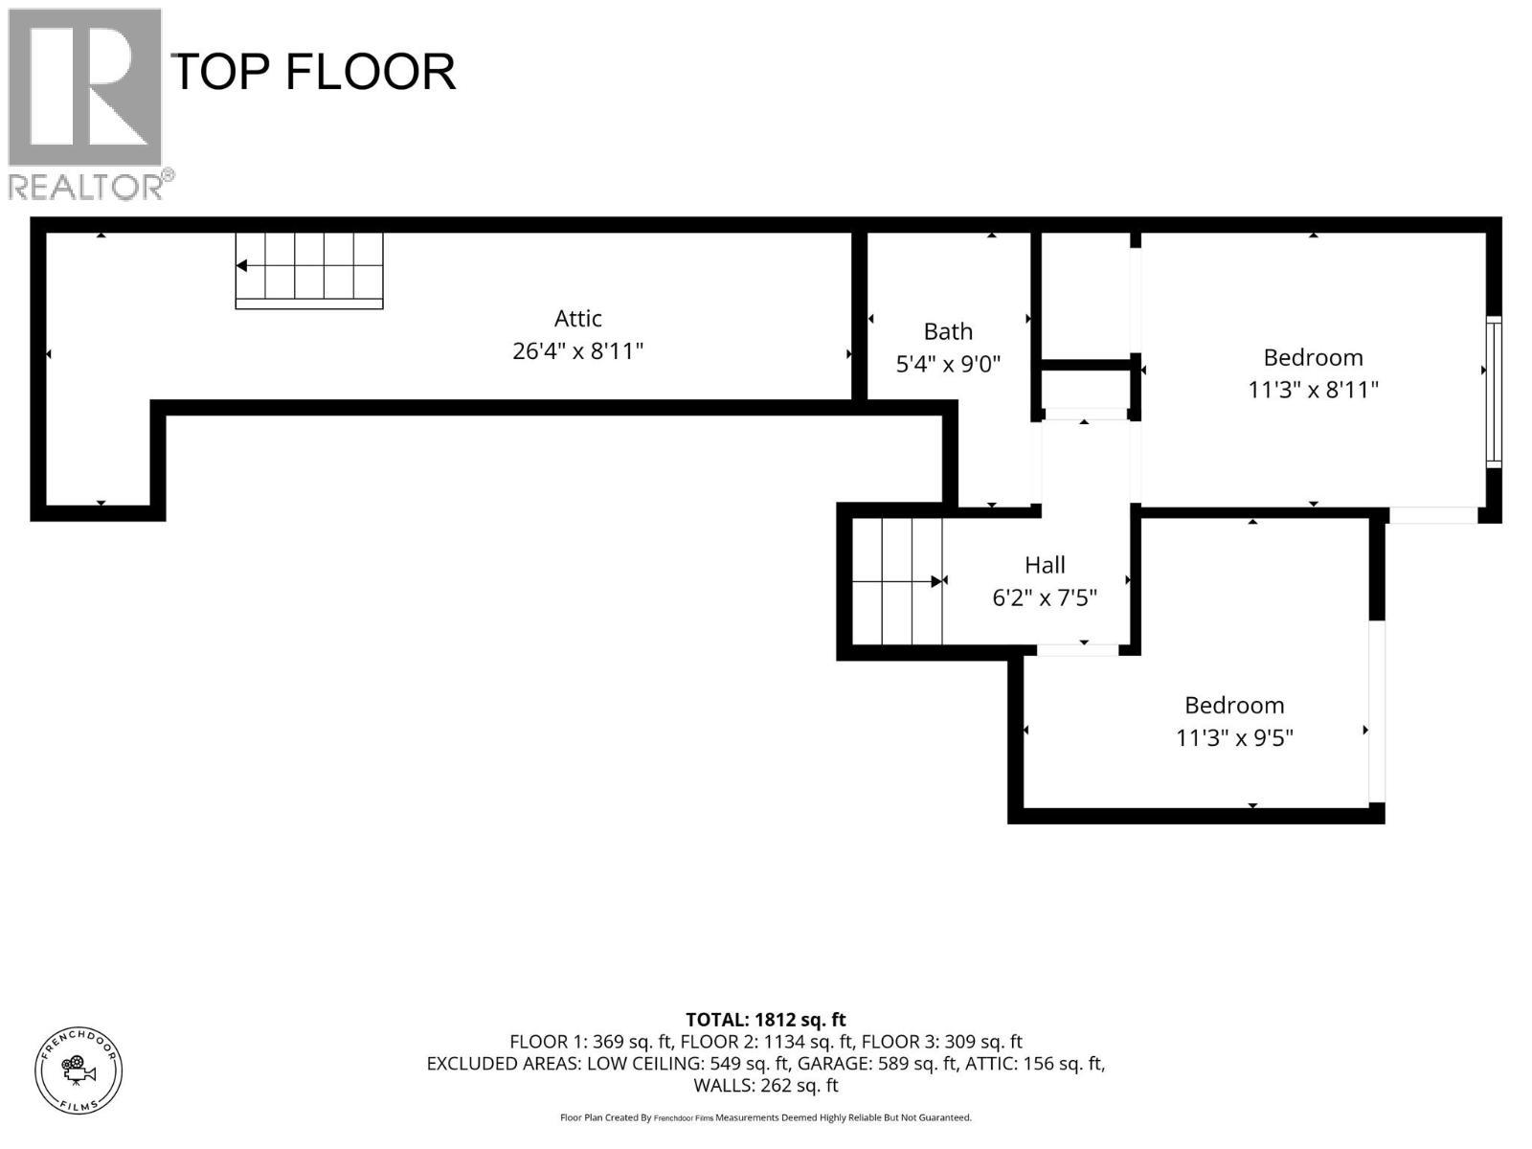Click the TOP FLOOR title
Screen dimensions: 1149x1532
point(312,73)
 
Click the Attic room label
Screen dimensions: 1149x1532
point(577,319)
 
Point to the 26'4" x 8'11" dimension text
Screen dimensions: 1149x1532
point(577,351)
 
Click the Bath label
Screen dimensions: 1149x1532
point(947,332)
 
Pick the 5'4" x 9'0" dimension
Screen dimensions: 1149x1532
point(947,365)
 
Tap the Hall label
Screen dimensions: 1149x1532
point(1045,565)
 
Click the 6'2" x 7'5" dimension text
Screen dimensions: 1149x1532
point(1045,598)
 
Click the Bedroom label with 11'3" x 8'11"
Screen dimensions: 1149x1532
point(1313,358)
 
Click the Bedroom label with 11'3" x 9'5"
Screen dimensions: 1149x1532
point(1234,706)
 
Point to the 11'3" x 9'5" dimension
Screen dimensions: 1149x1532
point(1234,738)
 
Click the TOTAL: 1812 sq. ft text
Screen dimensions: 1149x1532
point(765,1020)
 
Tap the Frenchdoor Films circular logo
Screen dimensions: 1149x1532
point(79,1070)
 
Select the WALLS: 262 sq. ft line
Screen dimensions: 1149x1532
point(765,1086)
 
